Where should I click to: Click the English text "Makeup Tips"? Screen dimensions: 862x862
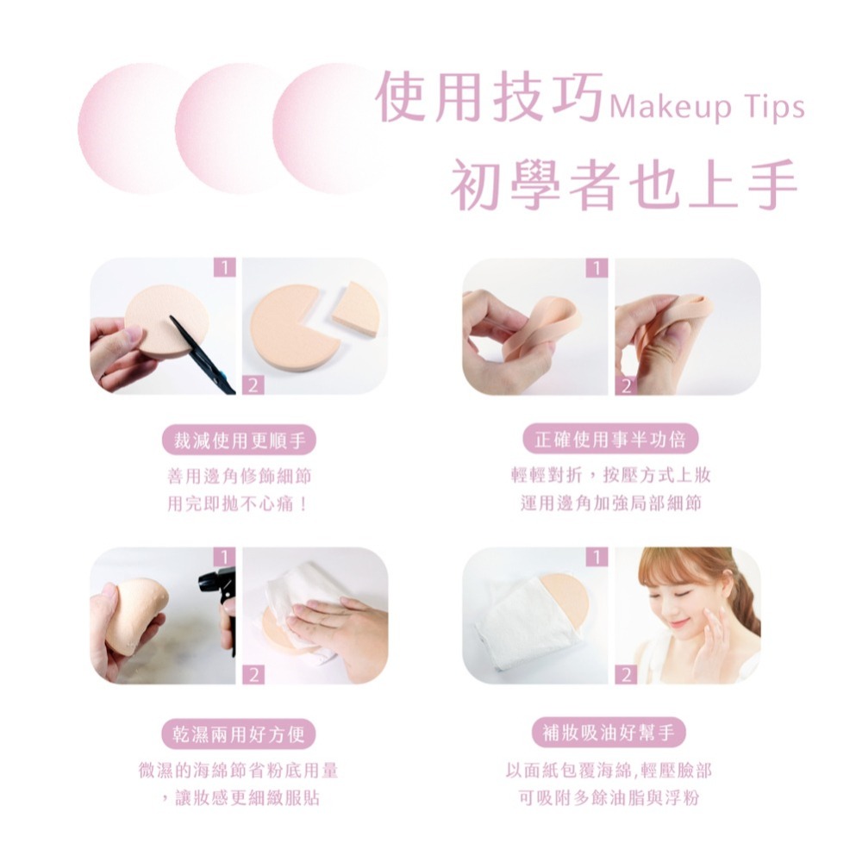click(x=707, y=107)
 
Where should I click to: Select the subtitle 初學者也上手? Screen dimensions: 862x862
click(x=624, y=184)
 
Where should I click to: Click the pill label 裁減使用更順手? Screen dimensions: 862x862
click(x=239, y=440)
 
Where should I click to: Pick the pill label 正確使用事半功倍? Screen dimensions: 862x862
click(x=610, y=440)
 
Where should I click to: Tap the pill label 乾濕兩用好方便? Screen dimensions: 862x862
click(x=239, y=734)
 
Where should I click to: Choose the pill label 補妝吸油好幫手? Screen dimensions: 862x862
click(x=609, y=732)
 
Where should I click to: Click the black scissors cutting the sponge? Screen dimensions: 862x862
click(x=201, y=353)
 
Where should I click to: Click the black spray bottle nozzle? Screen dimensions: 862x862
click(x=218, y=584)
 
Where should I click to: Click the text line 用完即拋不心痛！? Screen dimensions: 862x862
click(x=238, y=503)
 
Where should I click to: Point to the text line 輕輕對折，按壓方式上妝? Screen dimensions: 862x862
click(x=611, y=474)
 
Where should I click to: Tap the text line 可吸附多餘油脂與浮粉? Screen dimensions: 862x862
click(x=609, y=797)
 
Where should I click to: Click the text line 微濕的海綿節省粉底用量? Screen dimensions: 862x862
click(x=238, y=770)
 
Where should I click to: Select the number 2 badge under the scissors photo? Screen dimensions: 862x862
click(x=253, y=384)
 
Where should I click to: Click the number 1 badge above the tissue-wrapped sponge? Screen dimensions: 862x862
click(x=597, y=557)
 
